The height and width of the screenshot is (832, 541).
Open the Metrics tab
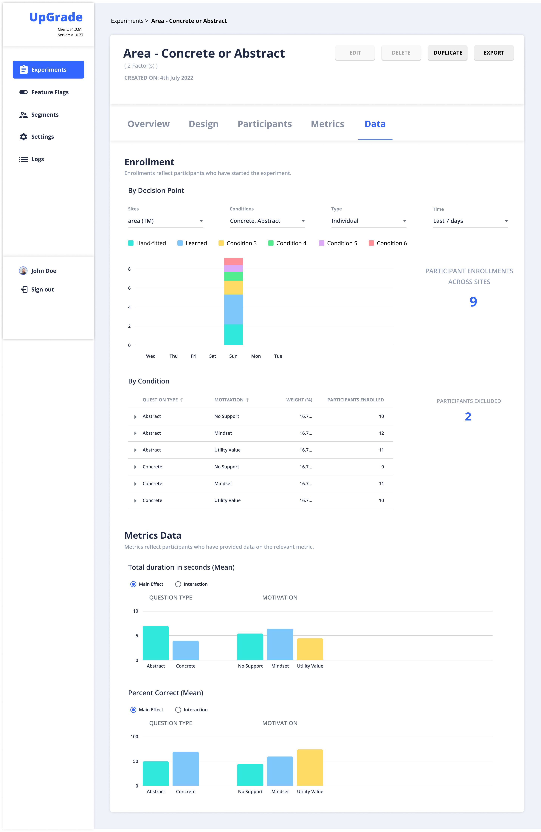tap(327, 124)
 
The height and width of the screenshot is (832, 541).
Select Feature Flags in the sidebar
tap(50, 92)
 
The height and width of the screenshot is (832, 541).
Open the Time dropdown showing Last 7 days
tap(470, 221)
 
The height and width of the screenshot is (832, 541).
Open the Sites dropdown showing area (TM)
tap(165, 221)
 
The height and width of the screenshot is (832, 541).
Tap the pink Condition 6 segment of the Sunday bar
tap(233, 261)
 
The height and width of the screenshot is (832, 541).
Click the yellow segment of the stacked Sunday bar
tap(233, 287)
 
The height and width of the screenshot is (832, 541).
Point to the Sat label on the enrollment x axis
tap(212, 356)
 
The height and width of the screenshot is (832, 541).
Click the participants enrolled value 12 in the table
tap(381, 433)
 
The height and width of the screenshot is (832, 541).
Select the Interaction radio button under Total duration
tap(178, 584)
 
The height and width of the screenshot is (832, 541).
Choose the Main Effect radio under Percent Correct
tap(133, 710)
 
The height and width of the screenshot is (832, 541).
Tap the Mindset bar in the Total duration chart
tap(280, 644)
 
